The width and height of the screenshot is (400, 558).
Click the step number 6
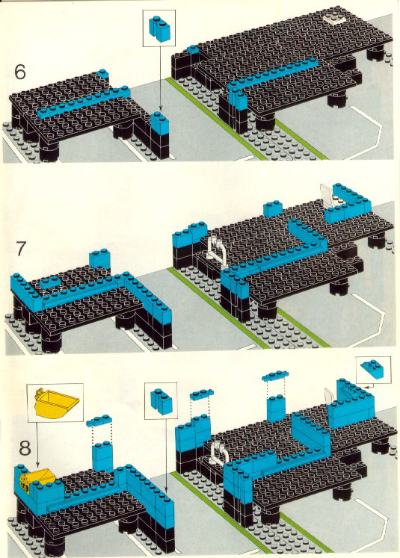(x=20, y=72)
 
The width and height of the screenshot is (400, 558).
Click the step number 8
(x=25, y=448)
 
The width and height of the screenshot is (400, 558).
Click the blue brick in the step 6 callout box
(x=159, y=28)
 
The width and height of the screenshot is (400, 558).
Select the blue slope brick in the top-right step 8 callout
(x=372, y=369)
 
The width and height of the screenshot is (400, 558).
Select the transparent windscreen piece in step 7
(x=326, y=195)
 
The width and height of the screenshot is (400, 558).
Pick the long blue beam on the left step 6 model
(x=84, y=102)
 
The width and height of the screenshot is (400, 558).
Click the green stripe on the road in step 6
(x=247, y=120)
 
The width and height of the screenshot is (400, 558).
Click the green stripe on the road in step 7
(x=249, y=308)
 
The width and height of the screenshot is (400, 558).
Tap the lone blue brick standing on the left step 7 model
(x=99, y=258)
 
